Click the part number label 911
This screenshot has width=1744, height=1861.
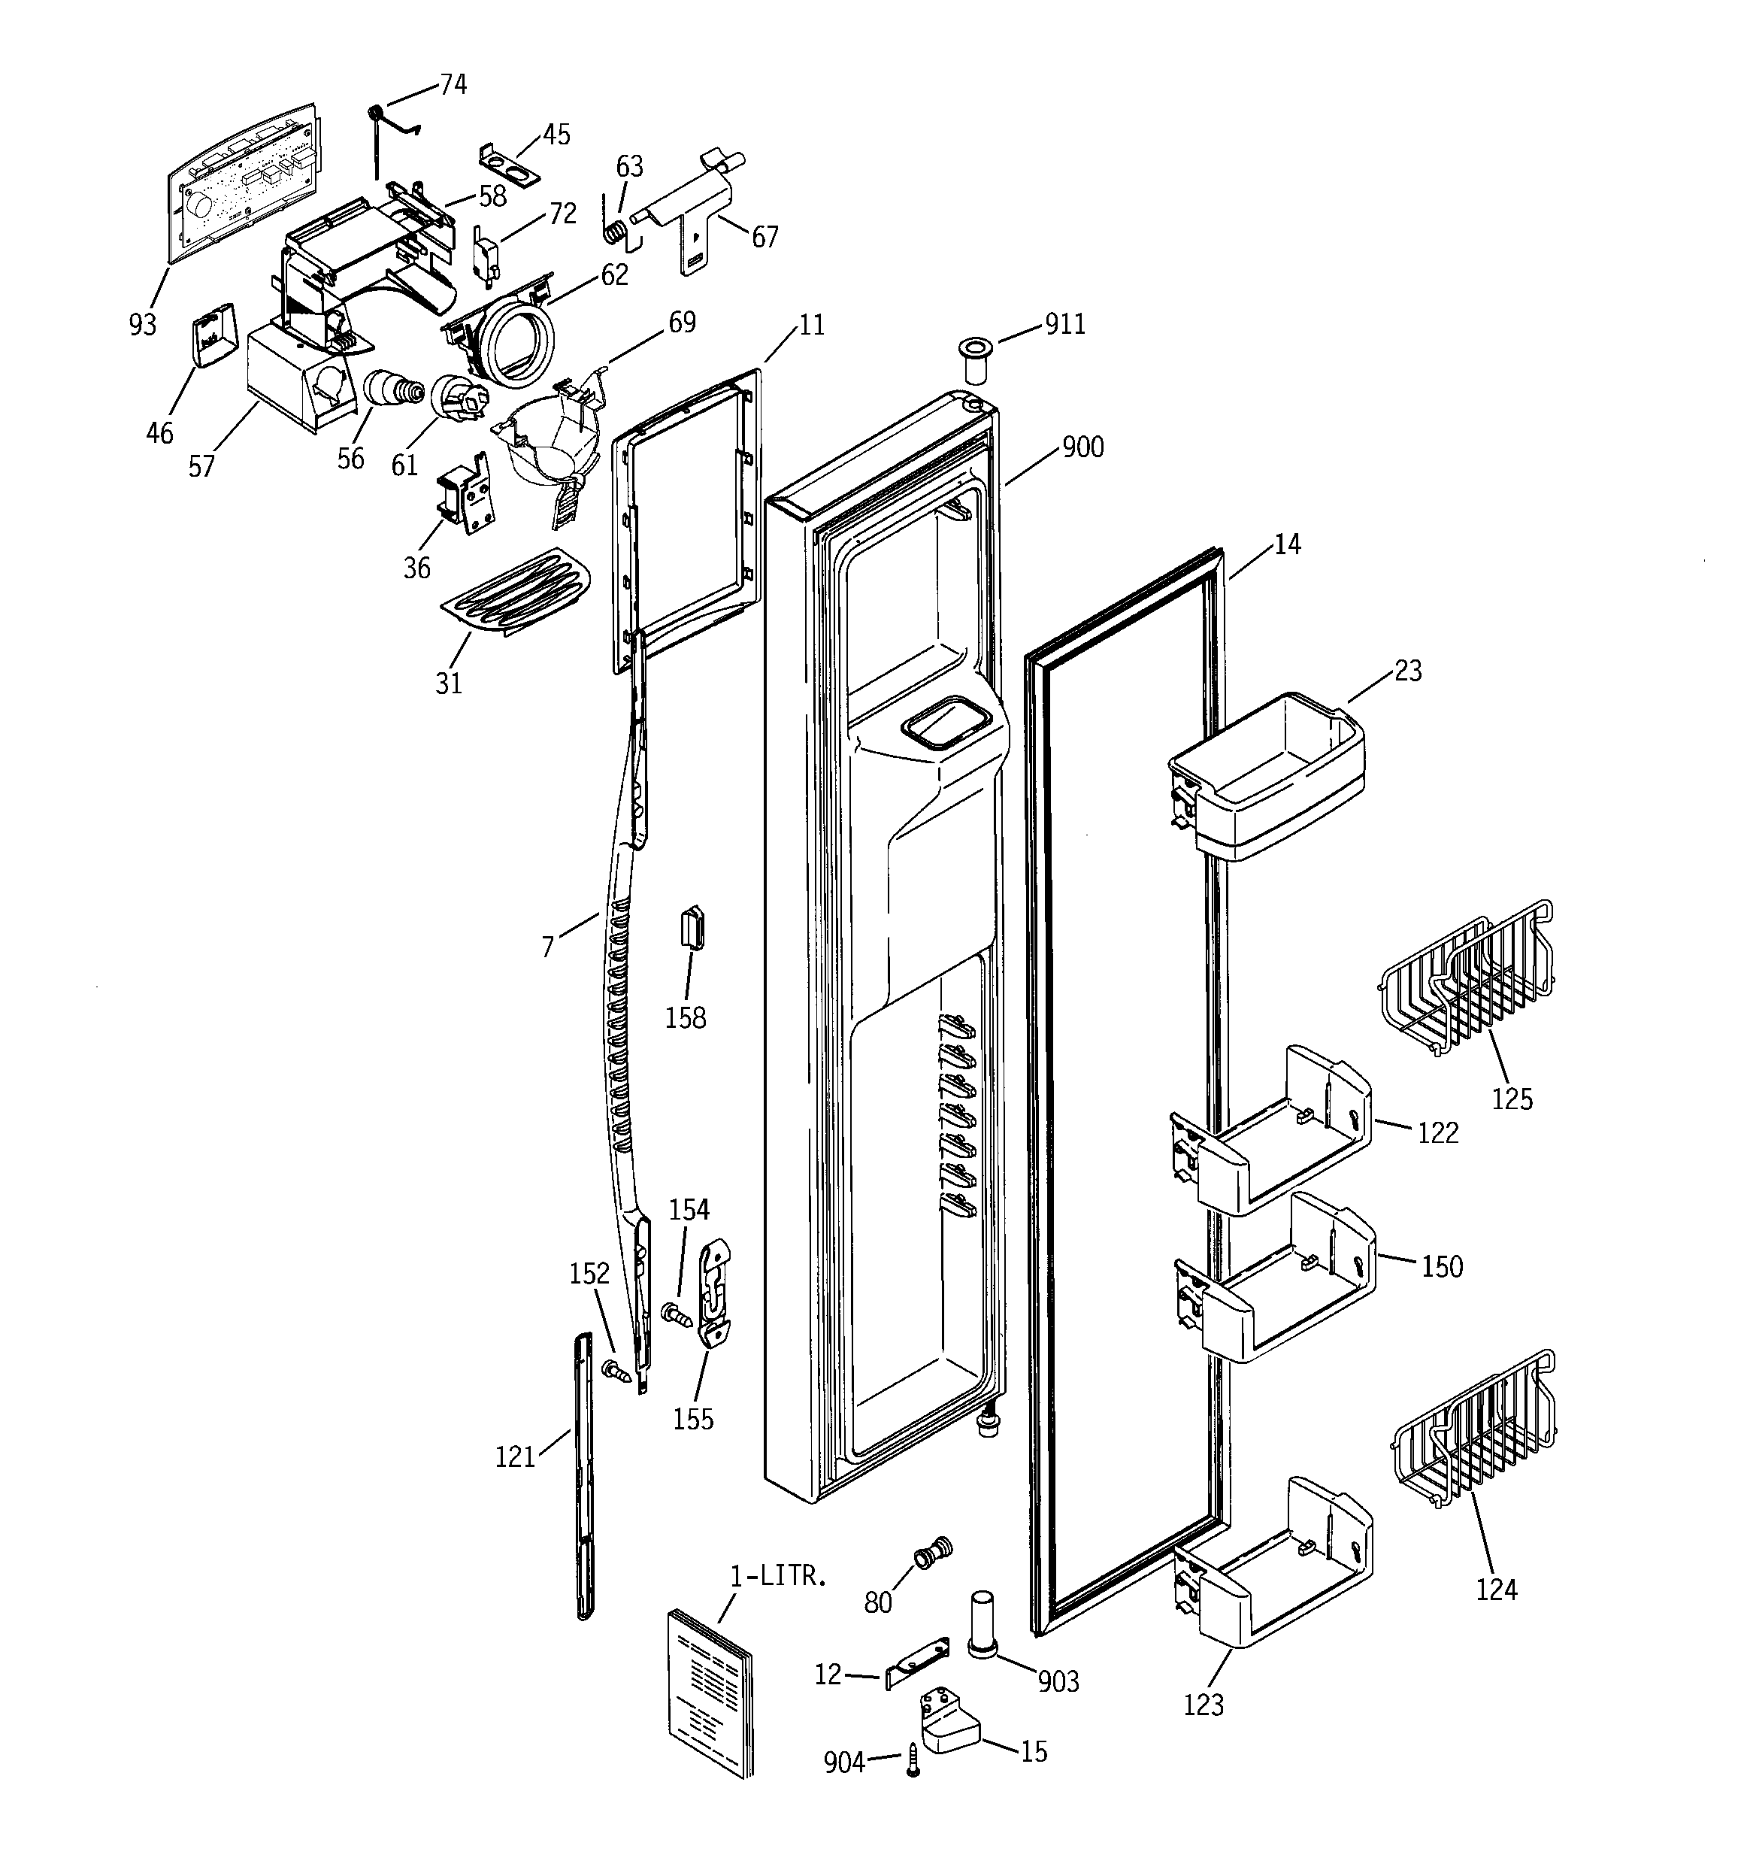pos(1064,324)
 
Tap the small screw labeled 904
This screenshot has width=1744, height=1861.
pos(913,1762)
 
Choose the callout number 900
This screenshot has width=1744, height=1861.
pos(1082,447)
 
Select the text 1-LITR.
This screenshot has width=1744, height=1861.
pos(778,1577)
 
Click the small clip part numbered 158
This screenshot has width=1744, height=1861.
pos(691,929)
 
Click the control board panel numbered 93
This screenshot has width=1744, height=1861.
pos(241,183)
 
